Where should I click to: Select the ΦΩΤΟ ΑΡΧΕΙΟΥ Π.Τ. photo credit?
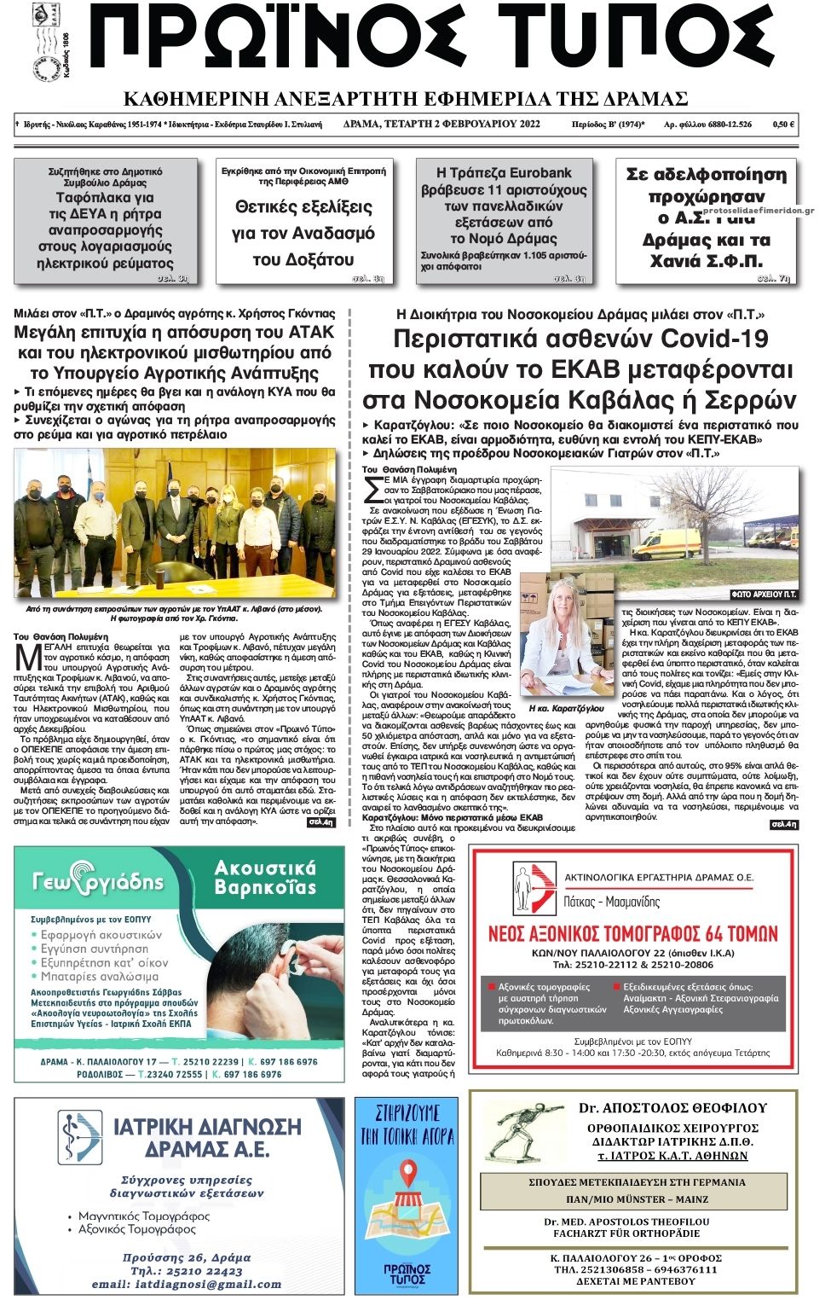click(x=764, y=594)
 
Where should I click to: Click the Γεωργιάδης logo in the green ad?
click(x=97, y=879)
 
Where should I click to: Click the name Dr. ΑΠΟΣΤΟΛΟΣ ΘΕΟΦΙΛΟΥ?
click(x=672, y=1108)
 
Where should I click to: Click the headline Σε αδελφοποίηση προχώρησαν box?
click(x=706, y=217)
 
